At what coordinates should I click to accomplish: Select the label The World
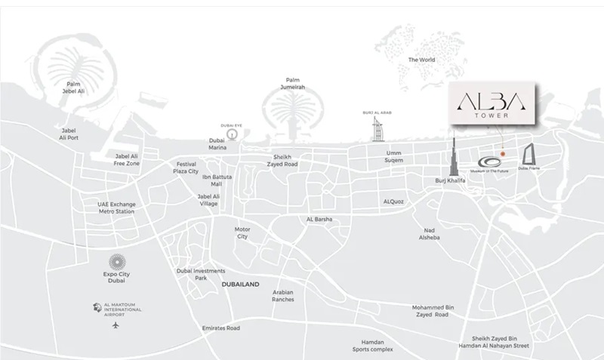[x=422, y=60]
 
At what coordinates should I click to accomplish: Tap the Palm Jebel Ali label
[x=73, y=88]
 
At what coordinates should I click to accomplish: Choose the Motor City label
[x=242, y=232]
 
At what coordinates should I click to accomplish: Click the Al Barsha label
[x=319, y=220]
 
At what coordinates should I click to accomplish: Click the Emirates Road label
[x=220, y=328]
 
